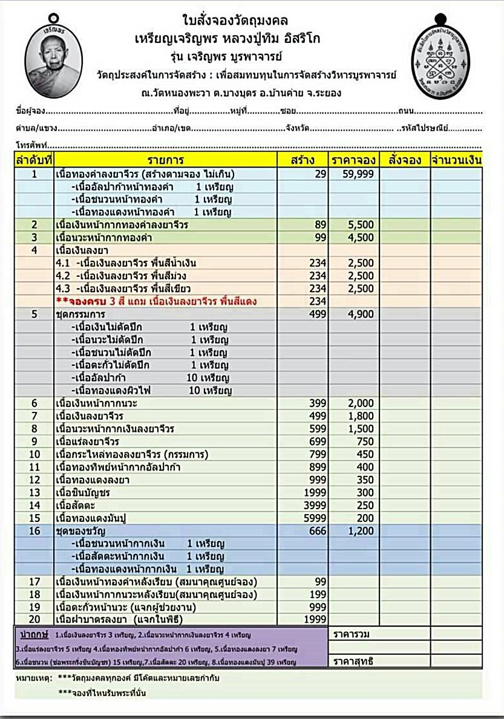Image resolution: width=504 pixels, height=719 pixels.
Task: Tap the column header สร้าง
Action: point(303,160)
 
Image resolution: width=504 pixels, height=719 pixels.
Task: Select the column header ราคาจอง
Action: point(354,160)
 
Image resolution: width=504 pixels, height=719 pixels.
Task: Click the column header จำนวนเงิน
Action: point(456,160)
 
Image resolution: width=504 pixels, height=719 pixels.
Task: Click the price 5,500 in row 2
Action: point(361,225)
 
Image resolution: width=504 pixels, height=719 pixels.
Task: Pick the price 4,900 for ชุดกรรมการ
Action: point(361,314)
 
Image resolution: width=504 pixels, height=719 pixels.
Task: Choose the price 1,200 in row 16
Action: point(361,530)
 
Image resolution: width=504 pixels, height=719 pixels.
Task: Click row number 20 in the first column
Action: point(34,619)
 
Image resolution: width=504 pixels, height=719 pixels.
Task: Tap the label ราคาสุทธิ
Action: point(353,662)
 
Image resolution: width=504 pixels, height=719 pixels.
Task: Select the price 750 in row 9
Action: point(365,441)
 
